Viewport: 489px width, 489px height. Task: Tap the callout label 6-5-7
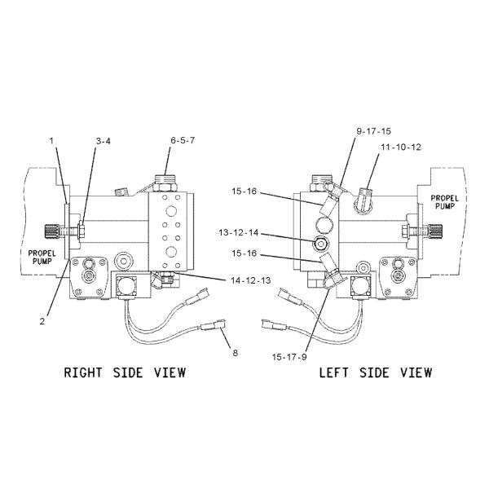[x=183, y=141]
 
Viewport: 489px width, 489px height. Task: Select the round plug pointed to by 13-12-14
[x=319, y=244]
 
